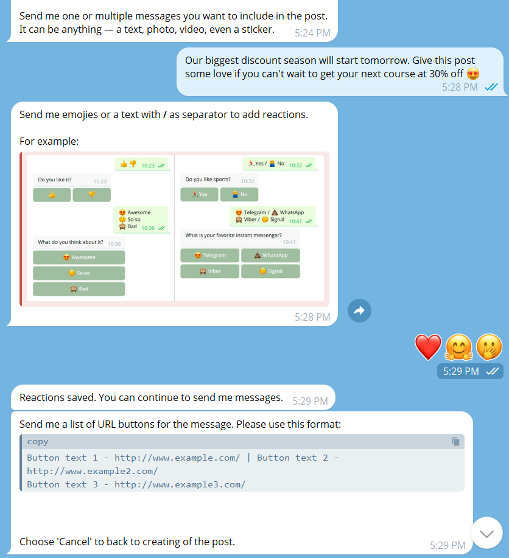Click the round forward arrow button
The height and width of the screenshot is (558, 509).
tap(359, 311)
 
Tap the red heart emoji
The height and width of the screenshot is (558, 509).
tap(428, 347)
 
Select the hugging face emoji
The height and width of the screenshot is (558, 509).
tap(459, 347)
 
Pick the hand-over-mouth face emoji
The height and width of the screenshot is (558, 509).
tap(489, 347)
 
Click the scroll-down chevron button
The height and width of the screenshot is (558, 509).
tap(486, 533)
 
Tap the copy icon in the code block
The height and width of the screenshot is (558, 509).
tap(455, 441)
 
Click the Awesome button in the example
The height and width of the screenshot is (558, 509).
tap(79, 257)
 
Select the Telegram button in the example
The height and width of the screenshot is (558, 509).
tap(210, 255)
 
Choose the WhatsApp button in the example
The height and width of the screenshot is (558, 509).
tap(271, 255)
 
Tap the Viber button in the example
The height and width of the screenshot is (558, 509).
tap(210, 271)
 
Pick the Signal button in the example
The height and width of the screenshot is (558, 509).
tap(271, 271)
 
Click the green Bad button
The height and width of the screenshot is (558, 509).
tap(79, 289)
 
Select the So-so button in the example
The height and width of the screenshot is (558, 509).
tap(79, 273)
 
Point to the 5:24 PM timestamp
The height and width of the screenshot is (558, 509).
tap(312, 33)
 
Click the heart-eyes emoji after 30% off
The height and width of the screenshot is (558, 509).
tap(473, 74)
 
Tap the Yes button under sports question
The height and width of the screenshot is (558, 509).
tap(200, 194)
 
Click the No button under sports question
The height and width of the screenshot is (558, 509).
tap(239, 194)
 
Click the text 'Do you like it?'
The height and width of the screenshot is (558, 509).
tap(55, 180)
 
